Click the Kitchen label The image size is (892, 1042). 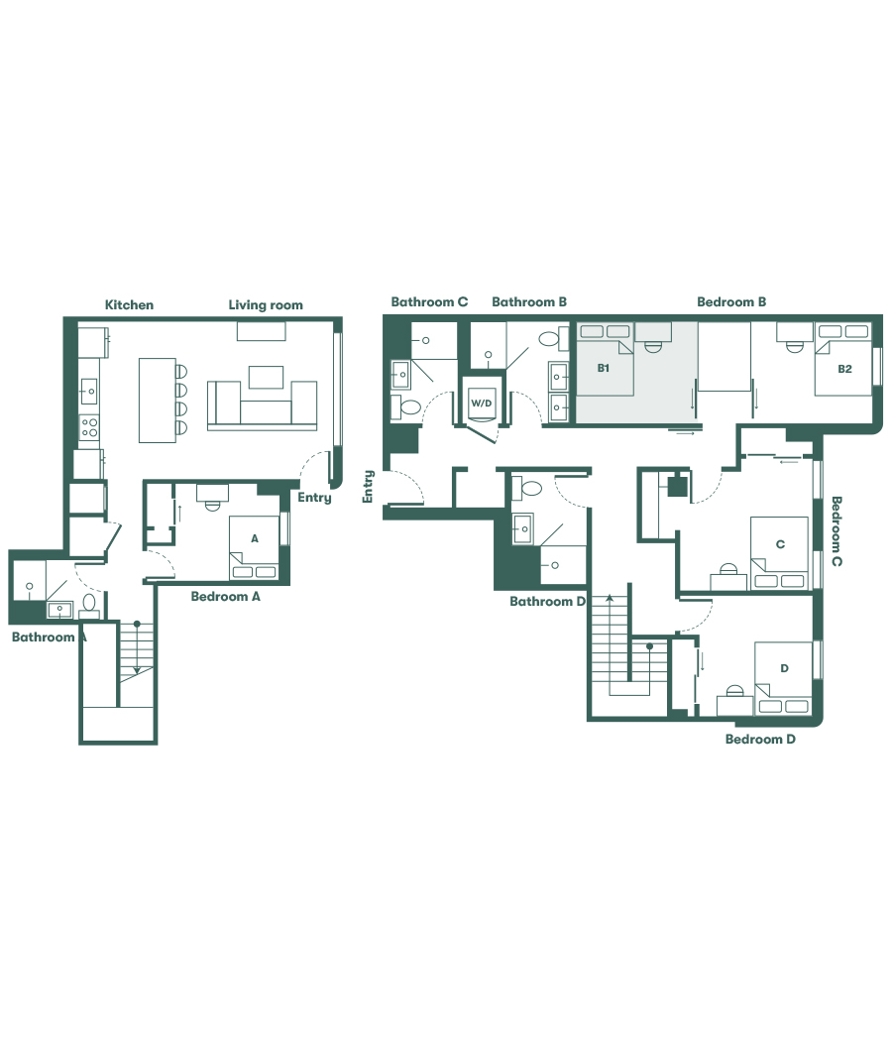(130, 304)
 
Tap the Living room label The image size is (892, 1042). (266, 304)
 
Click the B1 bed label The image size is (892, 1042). (603, 368)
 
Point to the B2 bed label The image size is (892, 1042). (844, 369)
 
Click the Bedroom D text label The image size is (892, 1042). (760, 739)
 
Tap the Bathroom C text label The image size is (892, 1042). (429, 301)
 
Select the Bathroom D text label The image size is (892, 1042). (548, 601)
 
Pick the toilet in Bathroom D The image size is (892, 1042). (530, 487)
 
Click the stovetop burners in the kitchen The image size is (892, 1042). (89, 427)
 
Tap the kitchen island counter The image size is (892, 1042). (158, 400)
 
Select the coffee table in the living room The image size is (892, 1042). (266, 377)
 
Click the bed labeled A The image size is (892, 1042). (254, 548)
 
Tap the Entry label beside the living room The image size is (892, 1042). (314, 498)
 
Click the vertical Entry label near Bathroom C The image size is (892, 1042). (369, 486)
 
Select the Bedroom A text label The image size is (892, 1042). (226, 597)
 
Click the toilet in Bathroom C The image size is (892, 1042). (408, 406)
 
